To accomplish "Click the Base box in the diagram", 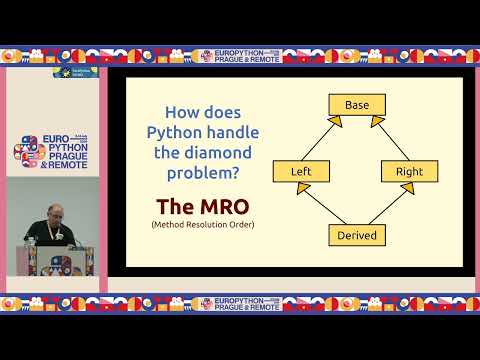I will pyautogui.click(x=357, y=105).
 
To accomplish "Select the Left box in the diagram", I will pyautogui.click(x=301, y=171).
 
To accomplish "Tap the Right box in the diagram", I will pyautogui.click(x=409, y=171).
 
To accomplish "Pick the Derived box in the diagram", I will pyautogui.click(x=357, y=235).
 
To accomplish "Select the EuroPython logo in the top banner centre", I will pyautogui.click(x=239, y=56).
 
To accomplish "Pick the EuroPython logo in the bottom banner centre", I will pyautogui.click(x=239, y=303).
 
